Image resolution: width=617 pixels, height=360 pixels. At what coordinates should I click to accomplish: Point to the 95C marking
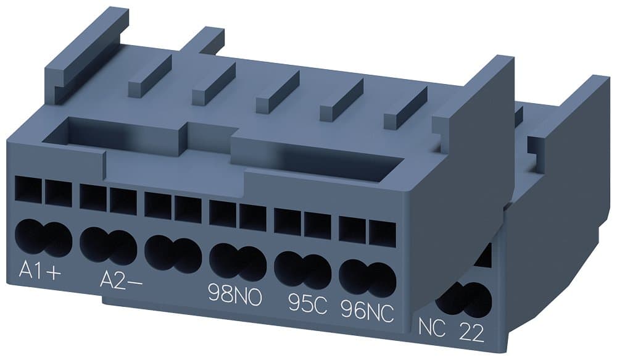point(307,302)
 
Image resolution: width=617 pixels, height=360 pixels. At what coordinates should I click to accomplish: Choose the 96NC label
point(368,307)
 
